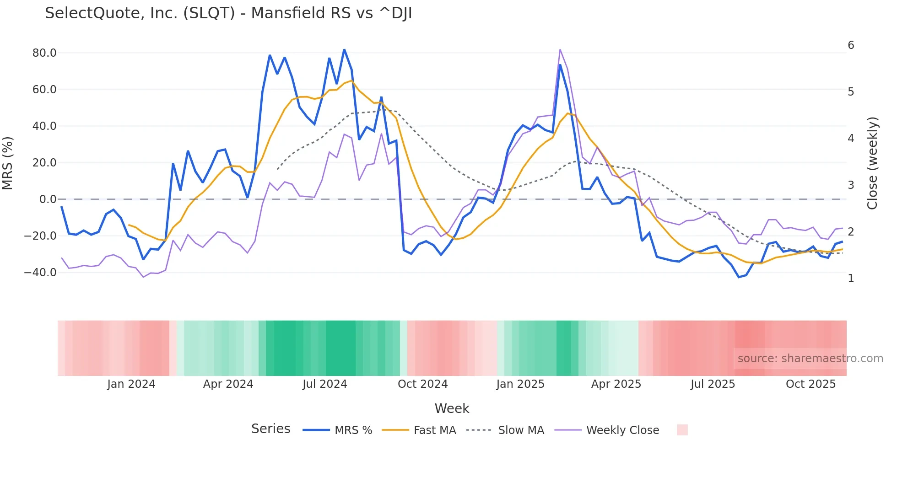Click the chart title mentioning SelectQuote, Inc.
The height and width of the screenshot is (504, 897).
click(x=228, y=13)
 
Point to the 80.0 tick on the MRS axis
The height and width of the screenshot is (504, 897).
click(x=44, y=53)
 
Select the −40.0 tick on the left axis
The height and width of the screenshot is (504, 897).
click(x=40, y=273)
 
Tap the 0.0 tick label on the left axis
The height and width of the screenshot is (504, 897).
click(x=48, y=199)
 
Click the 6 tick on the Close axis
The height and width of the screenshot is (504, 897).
click(x=851, y=45)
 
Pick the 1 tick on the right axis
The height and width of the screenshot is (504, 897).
click(x=851, y=279)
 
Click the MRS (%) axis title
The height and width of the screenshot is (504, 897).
click(x=8, y=163)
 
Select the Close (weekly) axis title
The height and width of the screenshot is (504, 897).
click(x=872, y=163)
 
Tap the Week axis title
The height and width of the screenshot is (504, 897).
click(x=452, y=408)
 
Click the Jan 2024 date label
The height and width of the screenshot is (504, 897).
click(x=131, y=384)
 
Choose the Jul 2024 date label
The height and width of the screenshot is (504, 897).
click(x=325, y=384)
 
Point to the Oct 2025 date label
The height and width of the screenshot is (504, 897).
click(x=811, y=384)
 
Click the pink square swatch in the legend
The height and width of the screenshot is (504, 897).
click(x=682, y=430)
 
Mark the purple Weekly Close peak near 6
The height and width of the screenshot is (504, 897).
click(x=560, y=50)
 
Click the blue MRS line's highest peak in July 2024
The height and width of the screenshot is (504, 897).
click(x=344, y=50)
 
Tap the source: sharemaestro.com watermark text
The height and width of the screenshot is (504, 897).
click(x=810, y=359)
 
